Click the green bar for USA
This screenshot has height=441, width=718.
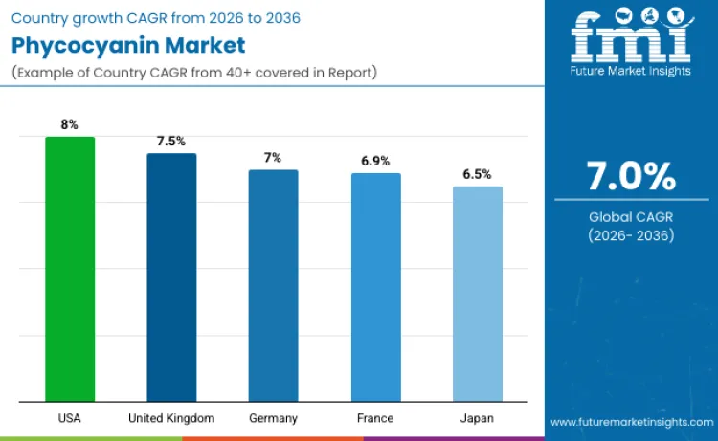(70, 269)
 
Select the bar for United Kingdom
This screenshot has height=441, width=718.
(171, 277)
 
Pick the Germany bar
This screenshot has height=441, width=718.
(273, 285)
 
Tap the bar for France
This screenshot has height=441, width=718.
(375, 287)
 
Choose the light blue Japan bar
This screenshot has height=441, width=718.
(477, 294)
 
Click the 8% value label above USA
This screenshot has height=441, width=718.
(70, 124)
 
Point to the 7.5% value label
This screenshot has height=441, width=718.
(171, 141)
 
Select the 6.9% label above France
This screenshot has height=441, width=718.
(375, 161)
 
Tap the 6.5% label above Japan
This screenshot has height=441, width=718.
(477, 174)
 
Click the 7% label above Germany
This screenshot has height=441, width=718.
(273, 158)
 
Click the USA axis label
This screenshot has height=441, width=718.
(70, 418)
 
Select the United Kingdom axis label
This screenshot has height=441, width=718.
(171, 418)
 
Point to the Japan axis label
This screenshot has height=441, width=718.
(477, 418)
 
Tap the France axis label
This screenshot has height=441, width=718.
(375, 418)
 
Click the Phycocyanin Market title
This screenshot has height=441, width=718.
(128, 45)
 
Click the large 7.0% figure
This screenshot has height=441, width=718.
(631, 177)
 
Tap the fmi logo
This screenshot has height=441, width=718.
(631, 38)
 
